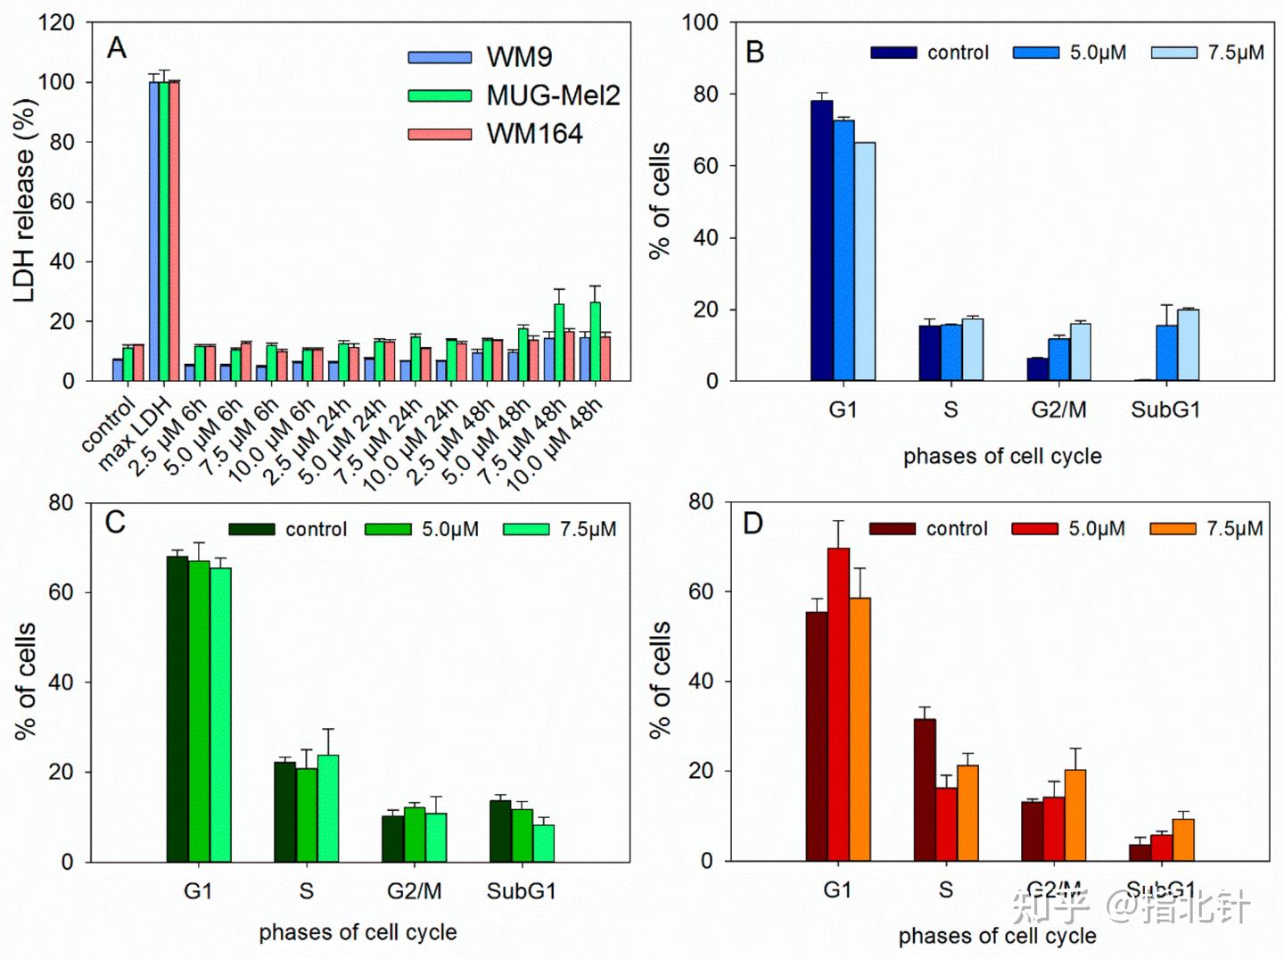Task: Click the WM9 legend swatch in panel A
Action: [x=440, y=57]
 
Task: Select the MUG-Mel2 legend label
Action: [x=552, y=95]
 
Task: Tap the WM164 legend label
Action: [x=534, y=134]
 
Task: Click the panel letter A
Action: [x=117, y=47]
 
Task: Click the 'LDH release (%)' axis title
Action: [x=25, y=201]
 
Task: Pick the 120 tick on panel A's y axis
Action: [x=56, y=22]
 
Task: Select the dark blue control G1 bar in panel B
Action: [x=821, y=241]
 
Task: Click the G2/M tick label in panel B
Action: [x=1058, y=409]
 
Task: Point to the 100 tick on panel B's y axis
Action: [x=700, y=22]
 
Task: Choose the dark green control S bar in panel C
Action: [x=284, y=812]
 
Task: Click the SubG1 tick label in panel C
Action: [x=522, y=890]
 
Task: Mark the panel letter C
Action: [x=115, y=522]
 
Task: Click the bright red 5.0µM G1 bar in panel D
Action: [x=838, y=705]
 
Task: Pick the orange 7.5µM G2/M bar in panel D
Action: [x=1075, y=815]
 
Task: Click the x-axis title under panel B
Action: [x=1002, y=457]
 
